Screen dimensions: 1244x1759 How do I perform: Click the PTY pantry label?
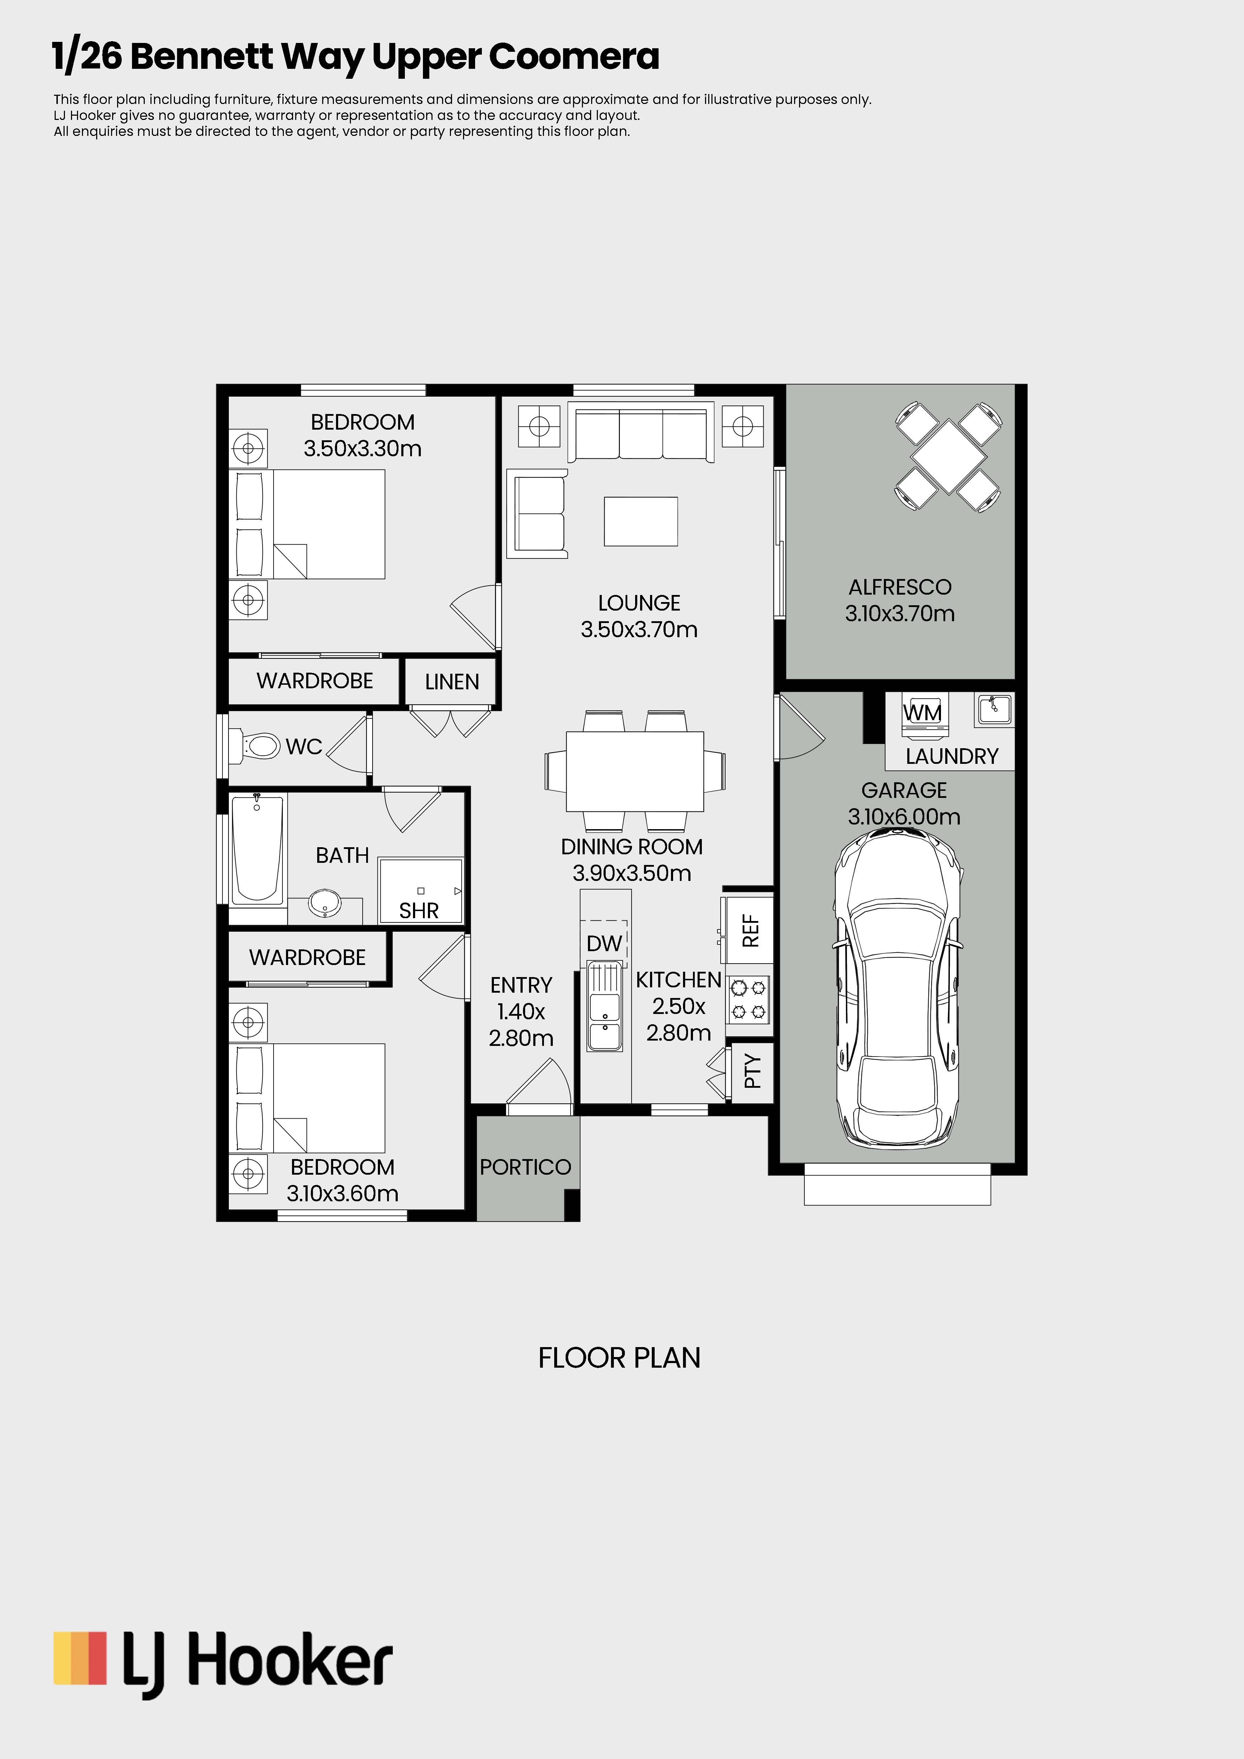coord(752,1071)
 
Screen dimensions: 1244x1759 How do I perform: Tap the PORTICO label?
coord(525,1167)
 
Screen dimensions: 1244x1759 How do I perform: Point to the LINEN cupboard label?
coord(452,682)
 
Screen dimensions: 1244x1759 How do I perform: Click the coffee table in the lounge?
coord(640,521)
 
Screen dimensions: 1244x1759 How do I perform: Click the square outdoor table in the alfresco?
coord(948,456)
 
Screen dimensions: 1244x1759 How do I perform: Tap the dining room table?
coord(635,771)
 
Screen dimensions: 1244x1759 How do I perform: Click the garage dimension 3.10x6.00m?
coord(904,817)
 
